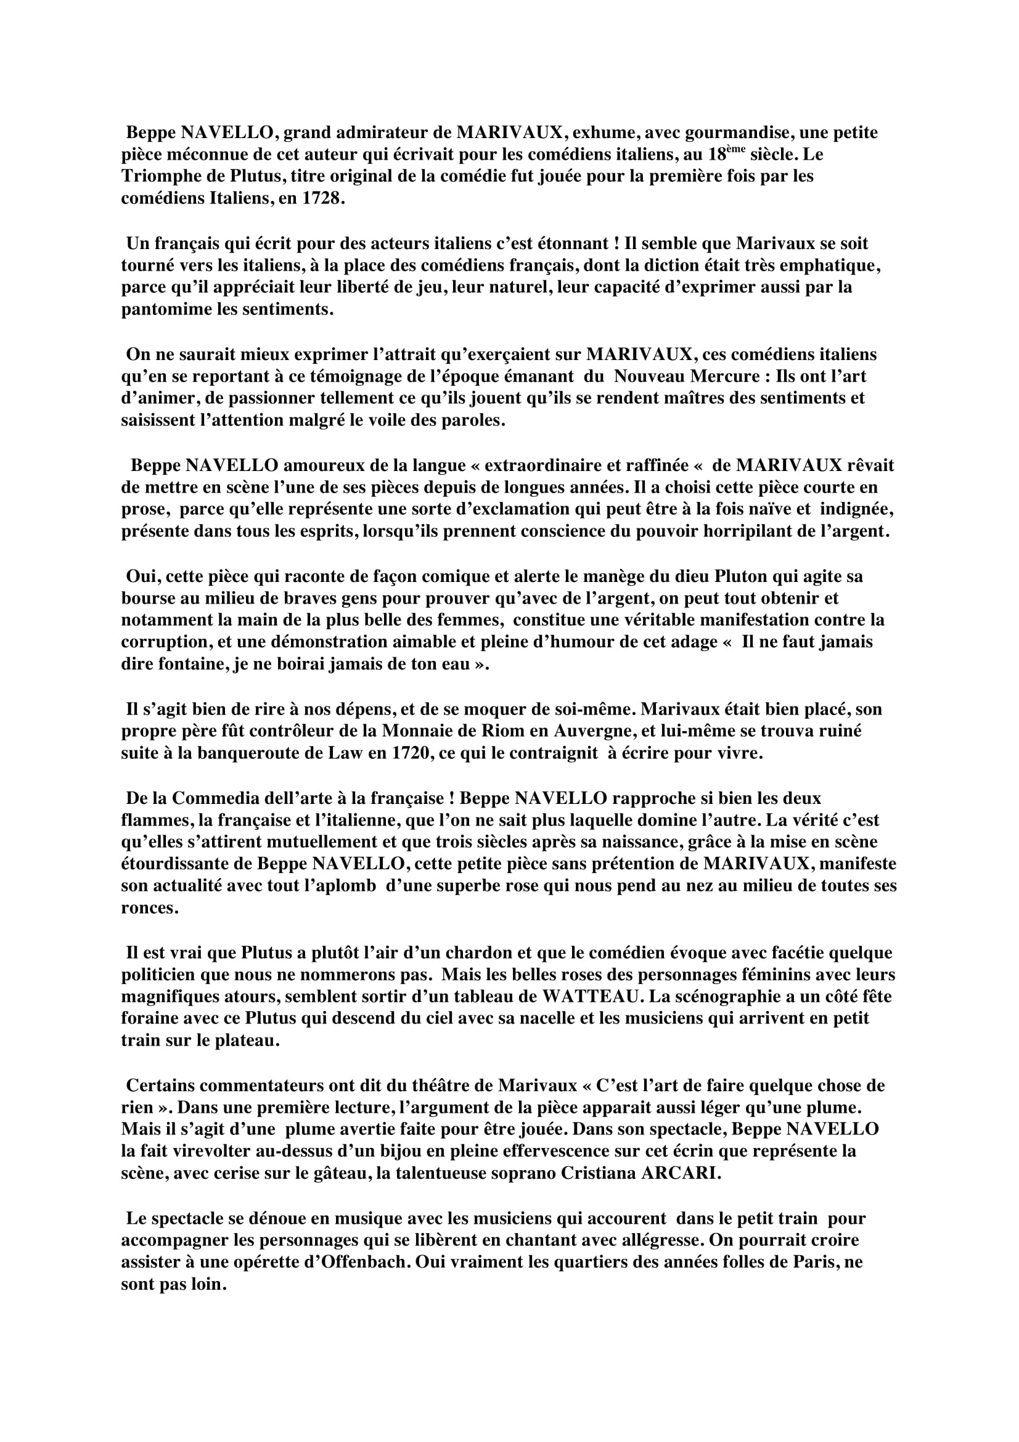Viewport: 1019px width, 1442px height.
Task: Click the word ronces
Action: point(149,908)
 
